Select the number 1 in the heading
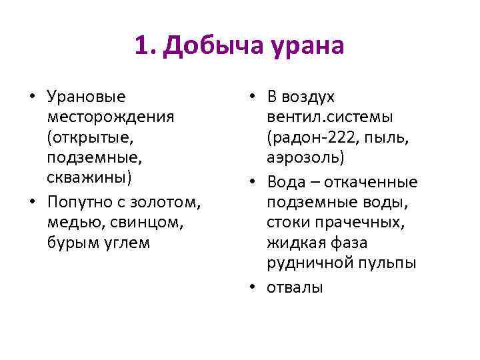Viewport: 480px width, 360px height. (x=141, y=46)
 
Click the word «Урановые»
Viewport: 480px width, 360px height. (x=87, y=97)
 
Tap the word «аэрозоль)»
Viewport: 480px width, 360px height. (x=305, y=159)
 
